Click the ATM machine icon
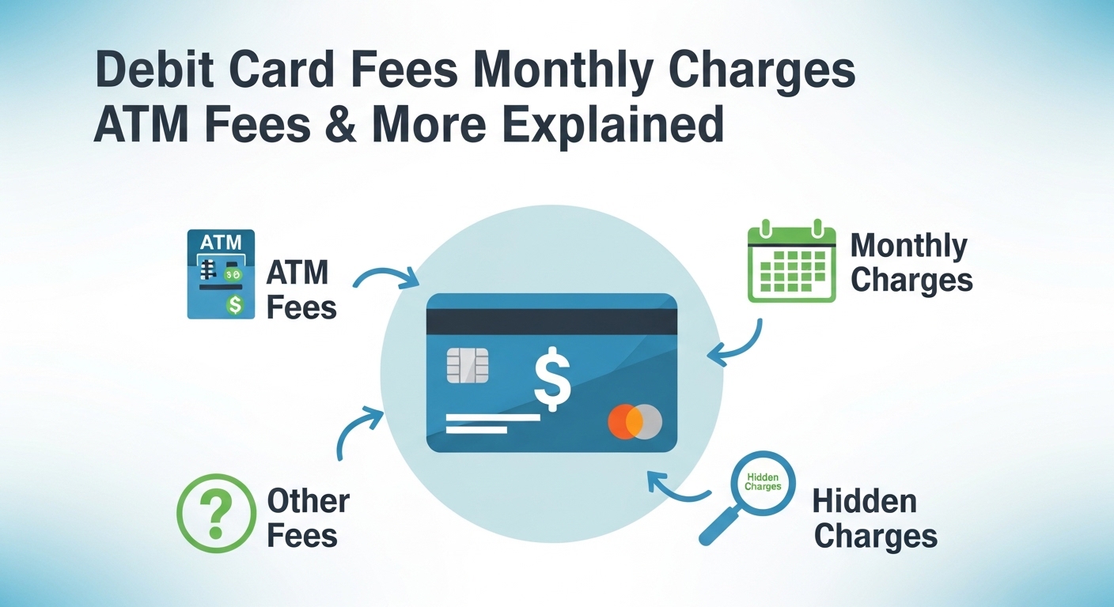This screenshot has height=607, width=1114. point(221,273)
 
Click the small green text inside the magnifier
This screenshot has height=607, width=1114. point(763,482)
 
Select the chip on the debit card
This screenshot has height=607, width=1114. point(468,365)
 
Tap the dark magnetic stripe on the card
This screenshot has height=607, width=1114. point(551,321)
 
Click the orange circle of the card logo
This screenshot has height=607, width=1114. point(624,422)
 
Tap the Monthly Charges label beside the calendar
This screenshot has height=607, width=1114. point(911,264)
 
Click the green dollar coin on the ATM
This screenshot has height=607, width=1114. point(235,304)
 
